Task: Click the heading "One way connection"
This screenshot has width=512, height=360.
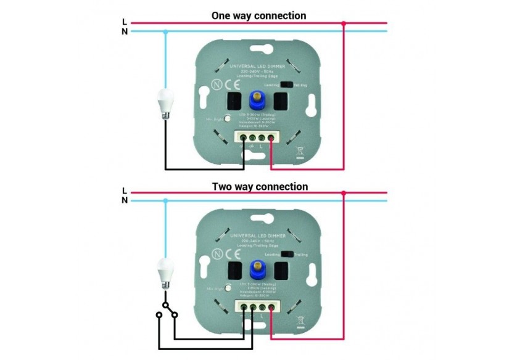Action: (x=258, y=15)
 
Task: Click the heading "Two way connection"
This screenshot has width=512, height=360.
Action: (x=260, y=186)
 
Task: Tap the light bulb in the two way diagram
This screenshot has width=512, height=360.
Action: (x=165, y=272)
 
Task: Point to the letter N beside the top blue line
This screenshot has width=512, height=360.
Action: (x=125, y=31)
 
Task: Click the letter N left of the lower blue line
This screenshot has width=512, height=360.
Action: (x=125, y=200)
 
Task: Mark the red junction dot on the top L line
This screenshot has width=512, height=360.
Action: (x=344, y=23)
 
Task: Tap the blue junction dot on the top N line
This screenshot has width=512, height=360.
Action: (x=165, y=31)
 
